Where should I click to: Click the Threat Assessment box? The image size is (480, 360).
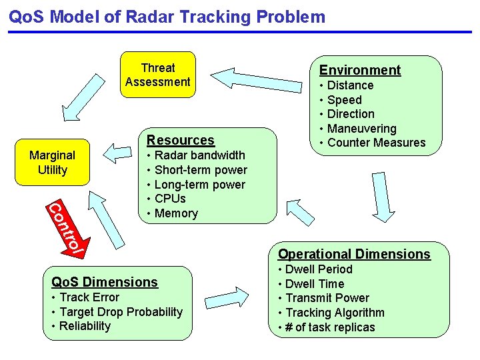click(157, 75)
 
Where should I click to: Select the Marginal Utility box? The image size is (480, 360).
click(52, 163)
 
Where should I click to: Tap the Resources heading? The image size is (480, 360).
click(181, 140)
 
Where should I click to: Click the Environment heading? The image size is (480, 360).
click(360, 70)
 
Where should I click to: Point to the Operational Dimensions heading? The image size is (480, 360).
click(354, 254)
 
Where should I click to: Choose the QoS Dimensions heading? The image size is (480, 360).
click(105, 282)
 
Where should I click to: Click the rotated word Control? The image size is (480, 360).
click(65, 227)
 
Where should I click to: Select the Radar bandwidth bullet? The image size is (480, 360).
click(199, 155)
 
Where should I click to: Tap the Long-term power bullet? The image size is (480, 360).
click(199, 185)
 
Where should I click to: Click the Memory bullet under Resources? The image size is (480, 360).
click(176, 213)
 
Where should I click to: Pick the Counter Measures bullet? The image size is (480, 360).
click(376, 143)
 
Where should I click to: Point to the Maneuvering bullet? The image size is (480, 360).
click(361, 129)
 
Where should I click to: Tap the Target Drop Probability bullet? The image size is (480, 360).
click(121, 312)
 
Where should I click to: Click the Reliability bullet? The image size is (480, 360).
click(85, 326)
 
